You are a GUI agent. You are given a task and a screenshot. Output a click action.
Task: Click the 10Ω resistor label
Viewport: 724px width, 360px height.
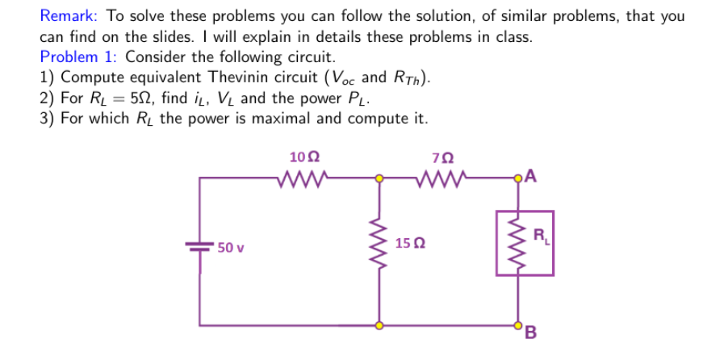[308, 157]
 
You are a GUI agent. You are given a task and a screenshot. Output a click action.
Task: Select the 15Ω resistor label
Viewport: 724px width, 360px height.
[411, 243]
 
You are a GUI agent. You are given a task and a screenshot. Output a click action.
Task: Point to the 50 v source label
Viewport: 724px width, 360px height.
[230, 247]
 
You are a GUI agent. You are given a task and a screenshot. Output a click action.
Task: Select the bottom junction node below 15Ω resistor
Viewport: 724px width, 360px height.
[376, 325]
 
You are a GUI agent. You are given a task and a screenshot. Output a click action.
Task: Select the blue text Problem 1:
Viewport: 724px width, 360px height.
[80, 57]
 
